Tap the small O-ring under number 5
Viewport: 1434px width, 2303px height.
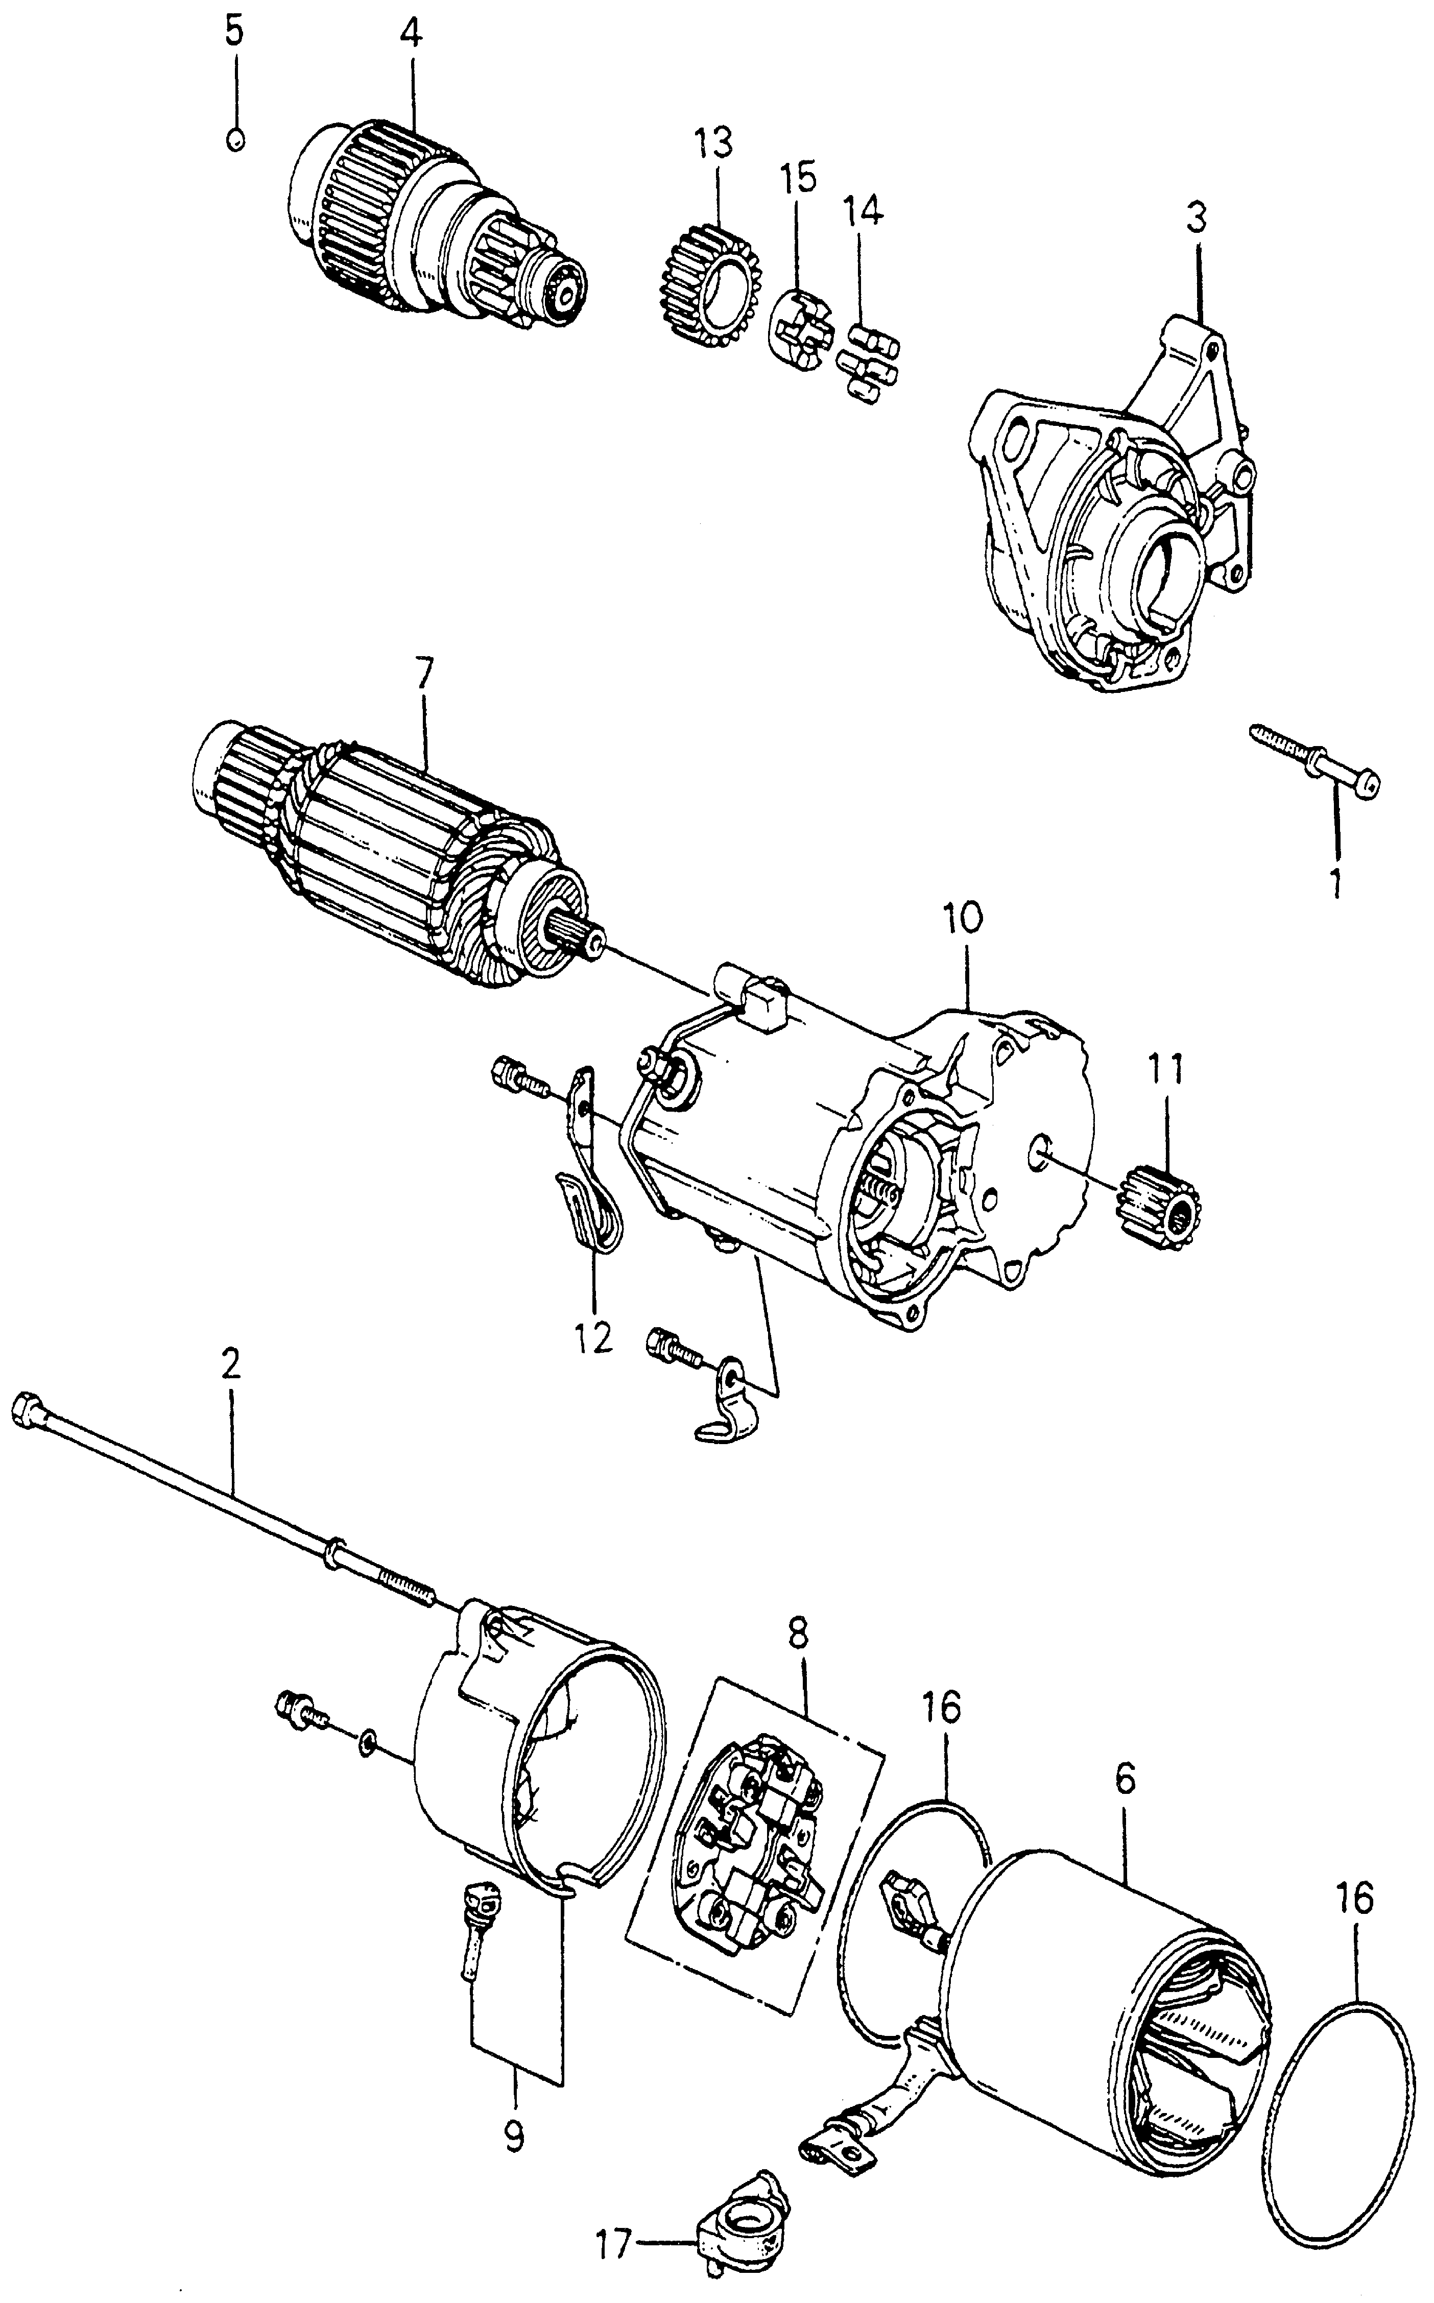coord(236,139)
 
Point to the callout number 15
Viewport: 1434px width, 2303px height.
coord(799,179)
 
